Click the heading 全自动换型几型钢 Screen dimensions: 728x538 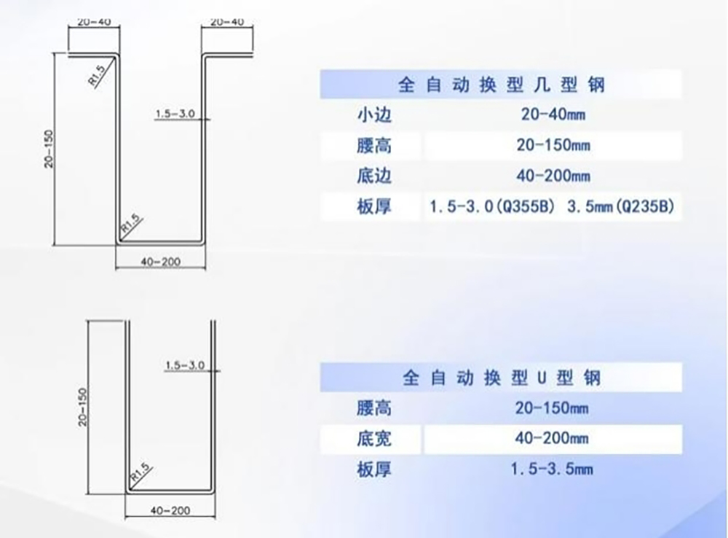501,85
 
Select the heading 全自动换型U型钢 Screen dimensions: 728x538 501,378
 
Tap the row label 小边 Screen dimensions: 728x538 374,114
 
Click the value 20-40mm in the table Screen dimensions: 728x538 553,114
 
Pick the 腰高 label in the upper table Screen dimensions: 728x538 374,146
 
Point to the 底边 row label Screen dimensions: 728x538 374,176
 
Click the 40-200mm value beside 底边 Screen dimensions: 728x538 553,176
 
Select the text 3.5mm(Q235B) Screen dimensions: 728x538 620,206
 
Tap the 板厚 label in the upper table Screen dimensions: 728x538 374,206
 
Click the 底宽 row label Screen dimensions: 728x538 374,438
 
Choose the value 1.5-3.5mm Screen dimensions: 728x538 552,469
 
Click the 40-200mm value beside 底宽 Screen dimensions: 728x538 552,438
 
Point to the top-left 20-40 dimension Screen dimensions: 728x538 94,22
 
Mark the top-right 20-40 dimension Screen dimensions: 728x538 227,22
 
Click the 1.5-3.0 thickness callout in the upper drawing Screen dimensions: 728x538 175,114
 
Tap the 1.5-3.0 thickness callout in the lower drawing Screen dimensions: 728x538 185,365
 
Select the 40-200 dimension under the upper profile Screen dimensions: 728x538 161,262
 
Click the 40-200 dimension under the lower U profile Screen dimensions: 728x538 170,510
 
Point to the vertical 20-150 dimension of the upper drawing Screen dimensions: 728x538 49,149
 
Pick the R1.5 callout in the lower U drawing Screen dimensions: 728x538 140,472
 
